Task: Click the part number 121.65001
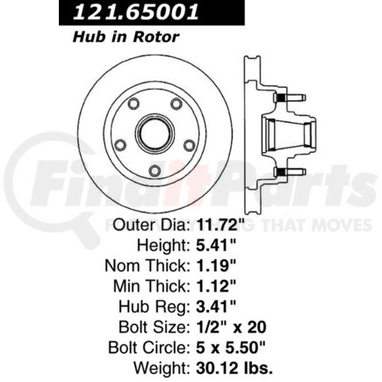135,12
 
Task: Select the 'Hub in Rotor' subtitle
126,37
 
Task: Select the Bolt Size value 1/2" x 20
231,328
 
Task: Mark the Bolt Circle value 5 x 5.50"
230,348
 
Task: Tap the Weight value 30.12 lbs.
234,368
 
